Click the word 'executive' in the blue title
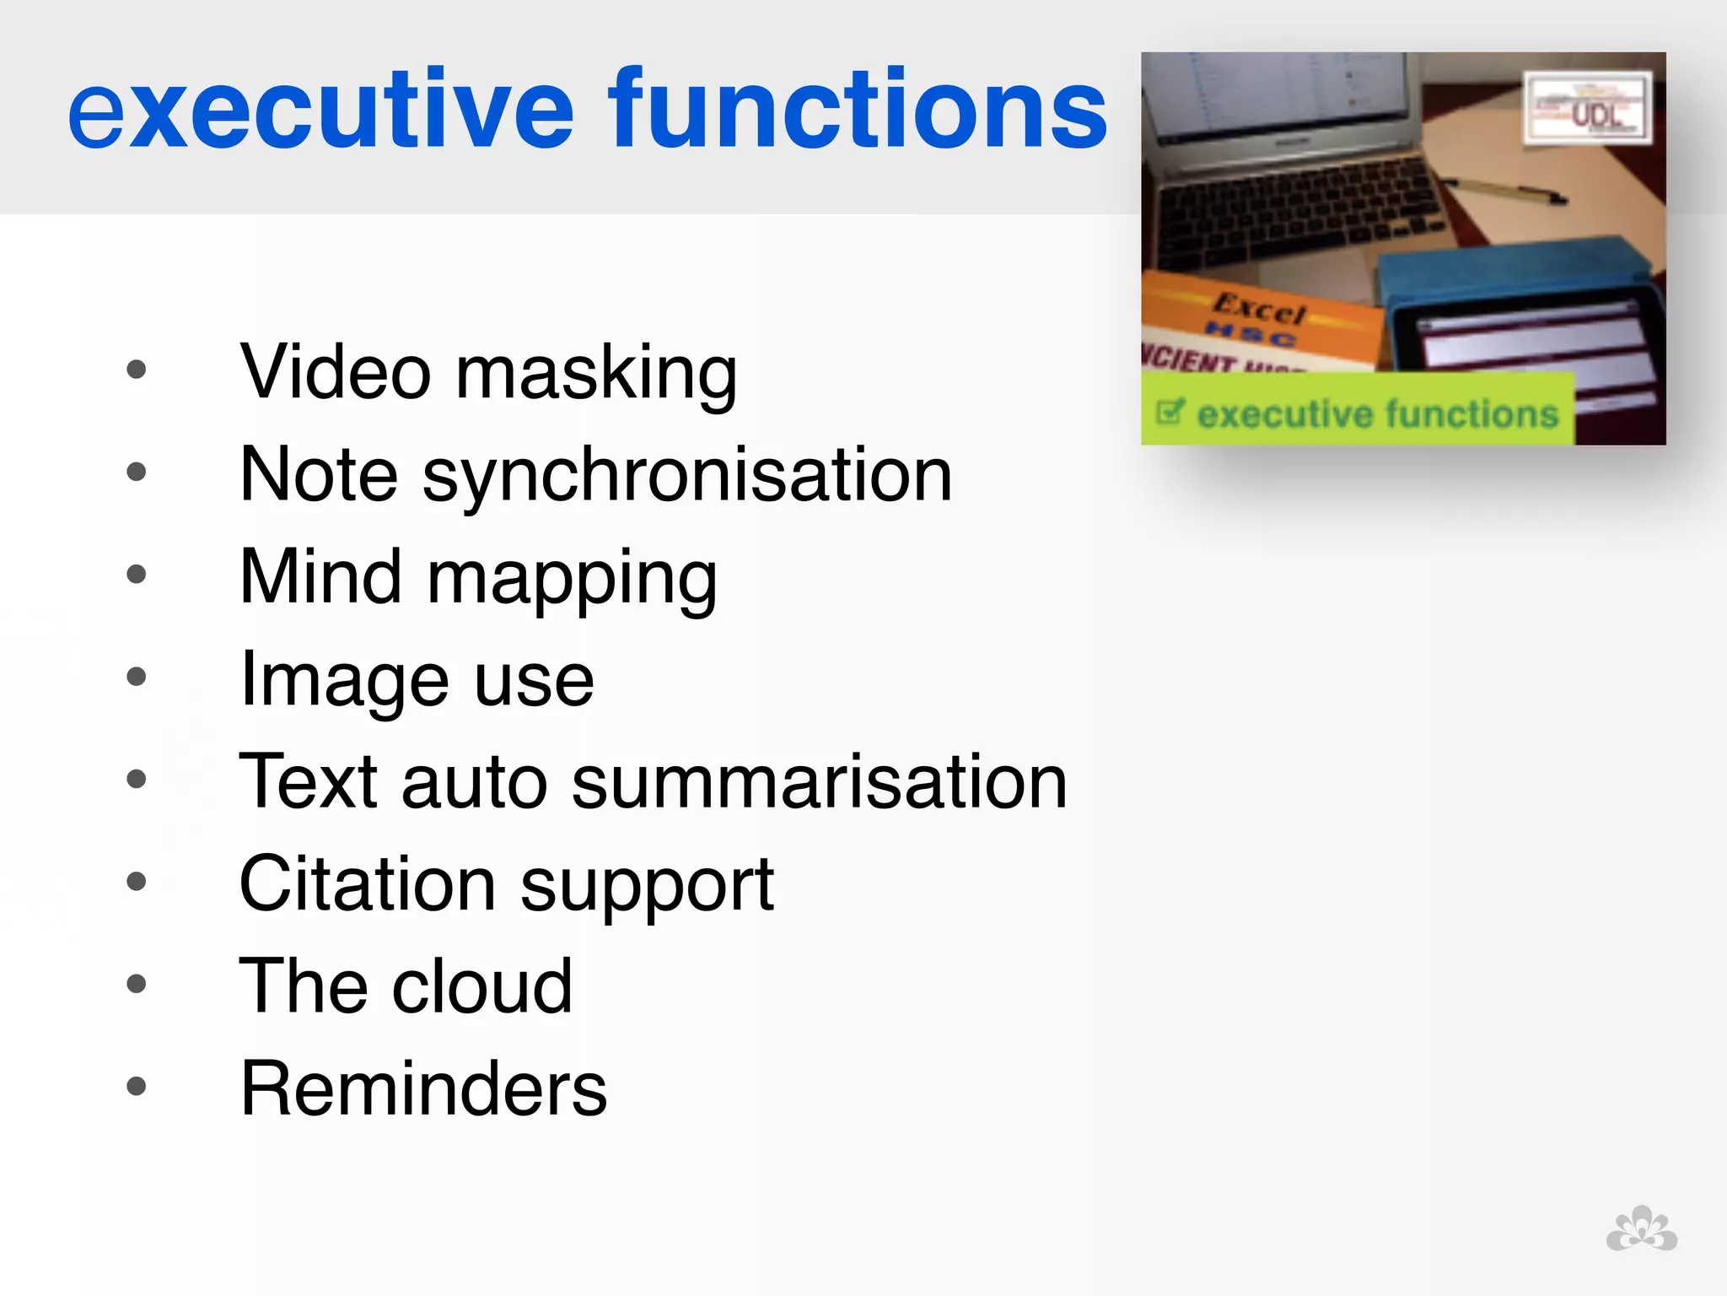click(x=320, y=110)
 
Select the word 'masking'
click(x=596, y=375)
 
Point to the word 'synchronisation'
click(x=687, y=478)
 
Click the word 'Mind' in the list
click(x=320, y=577)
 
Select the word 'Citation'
click(x=368, y=884)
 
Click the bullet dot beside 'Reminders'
click(x=137, y=1086)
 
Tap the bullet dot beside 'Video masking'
click(x=137, y=370)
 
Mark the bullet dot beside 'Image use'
click(x=137, y=677)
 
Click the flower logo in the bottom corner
click(x=1641, y=1229)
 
